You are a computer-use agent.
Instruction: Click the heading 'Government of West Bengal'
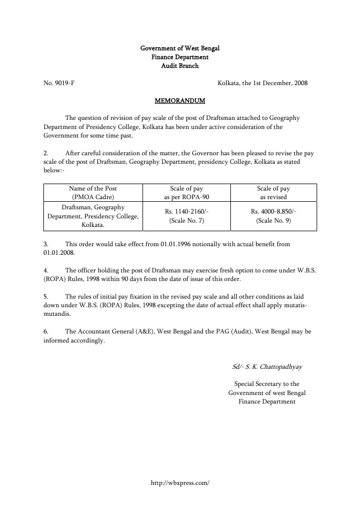[x=180, y=48]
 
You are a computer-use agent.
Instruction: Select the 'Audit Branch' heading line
[x=180, y=66]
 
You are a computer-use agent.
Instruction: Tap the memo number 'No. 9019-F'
[x=59, y=83]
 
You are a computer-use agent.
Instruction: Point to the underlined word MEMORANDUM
[x=180, y=100]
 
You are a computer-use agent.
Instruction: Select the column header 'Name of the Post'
[x=93, y=188]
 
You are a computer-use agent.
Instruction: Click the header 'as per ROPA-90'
[x=184, y=197]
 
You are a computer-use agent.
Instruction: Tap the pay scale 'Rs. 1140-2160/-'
[x=184, y=211]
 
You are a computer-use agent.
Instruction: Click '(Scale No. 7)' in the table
[x=184, y=220]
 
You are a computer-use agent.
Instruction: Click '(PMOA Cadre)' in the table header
[x=93, y=197]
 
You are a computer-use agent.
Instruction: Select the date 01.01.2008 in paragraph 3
[x=59, y=253]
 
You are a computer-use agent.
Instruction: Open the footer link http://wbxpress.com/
[x=180, y=482]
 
